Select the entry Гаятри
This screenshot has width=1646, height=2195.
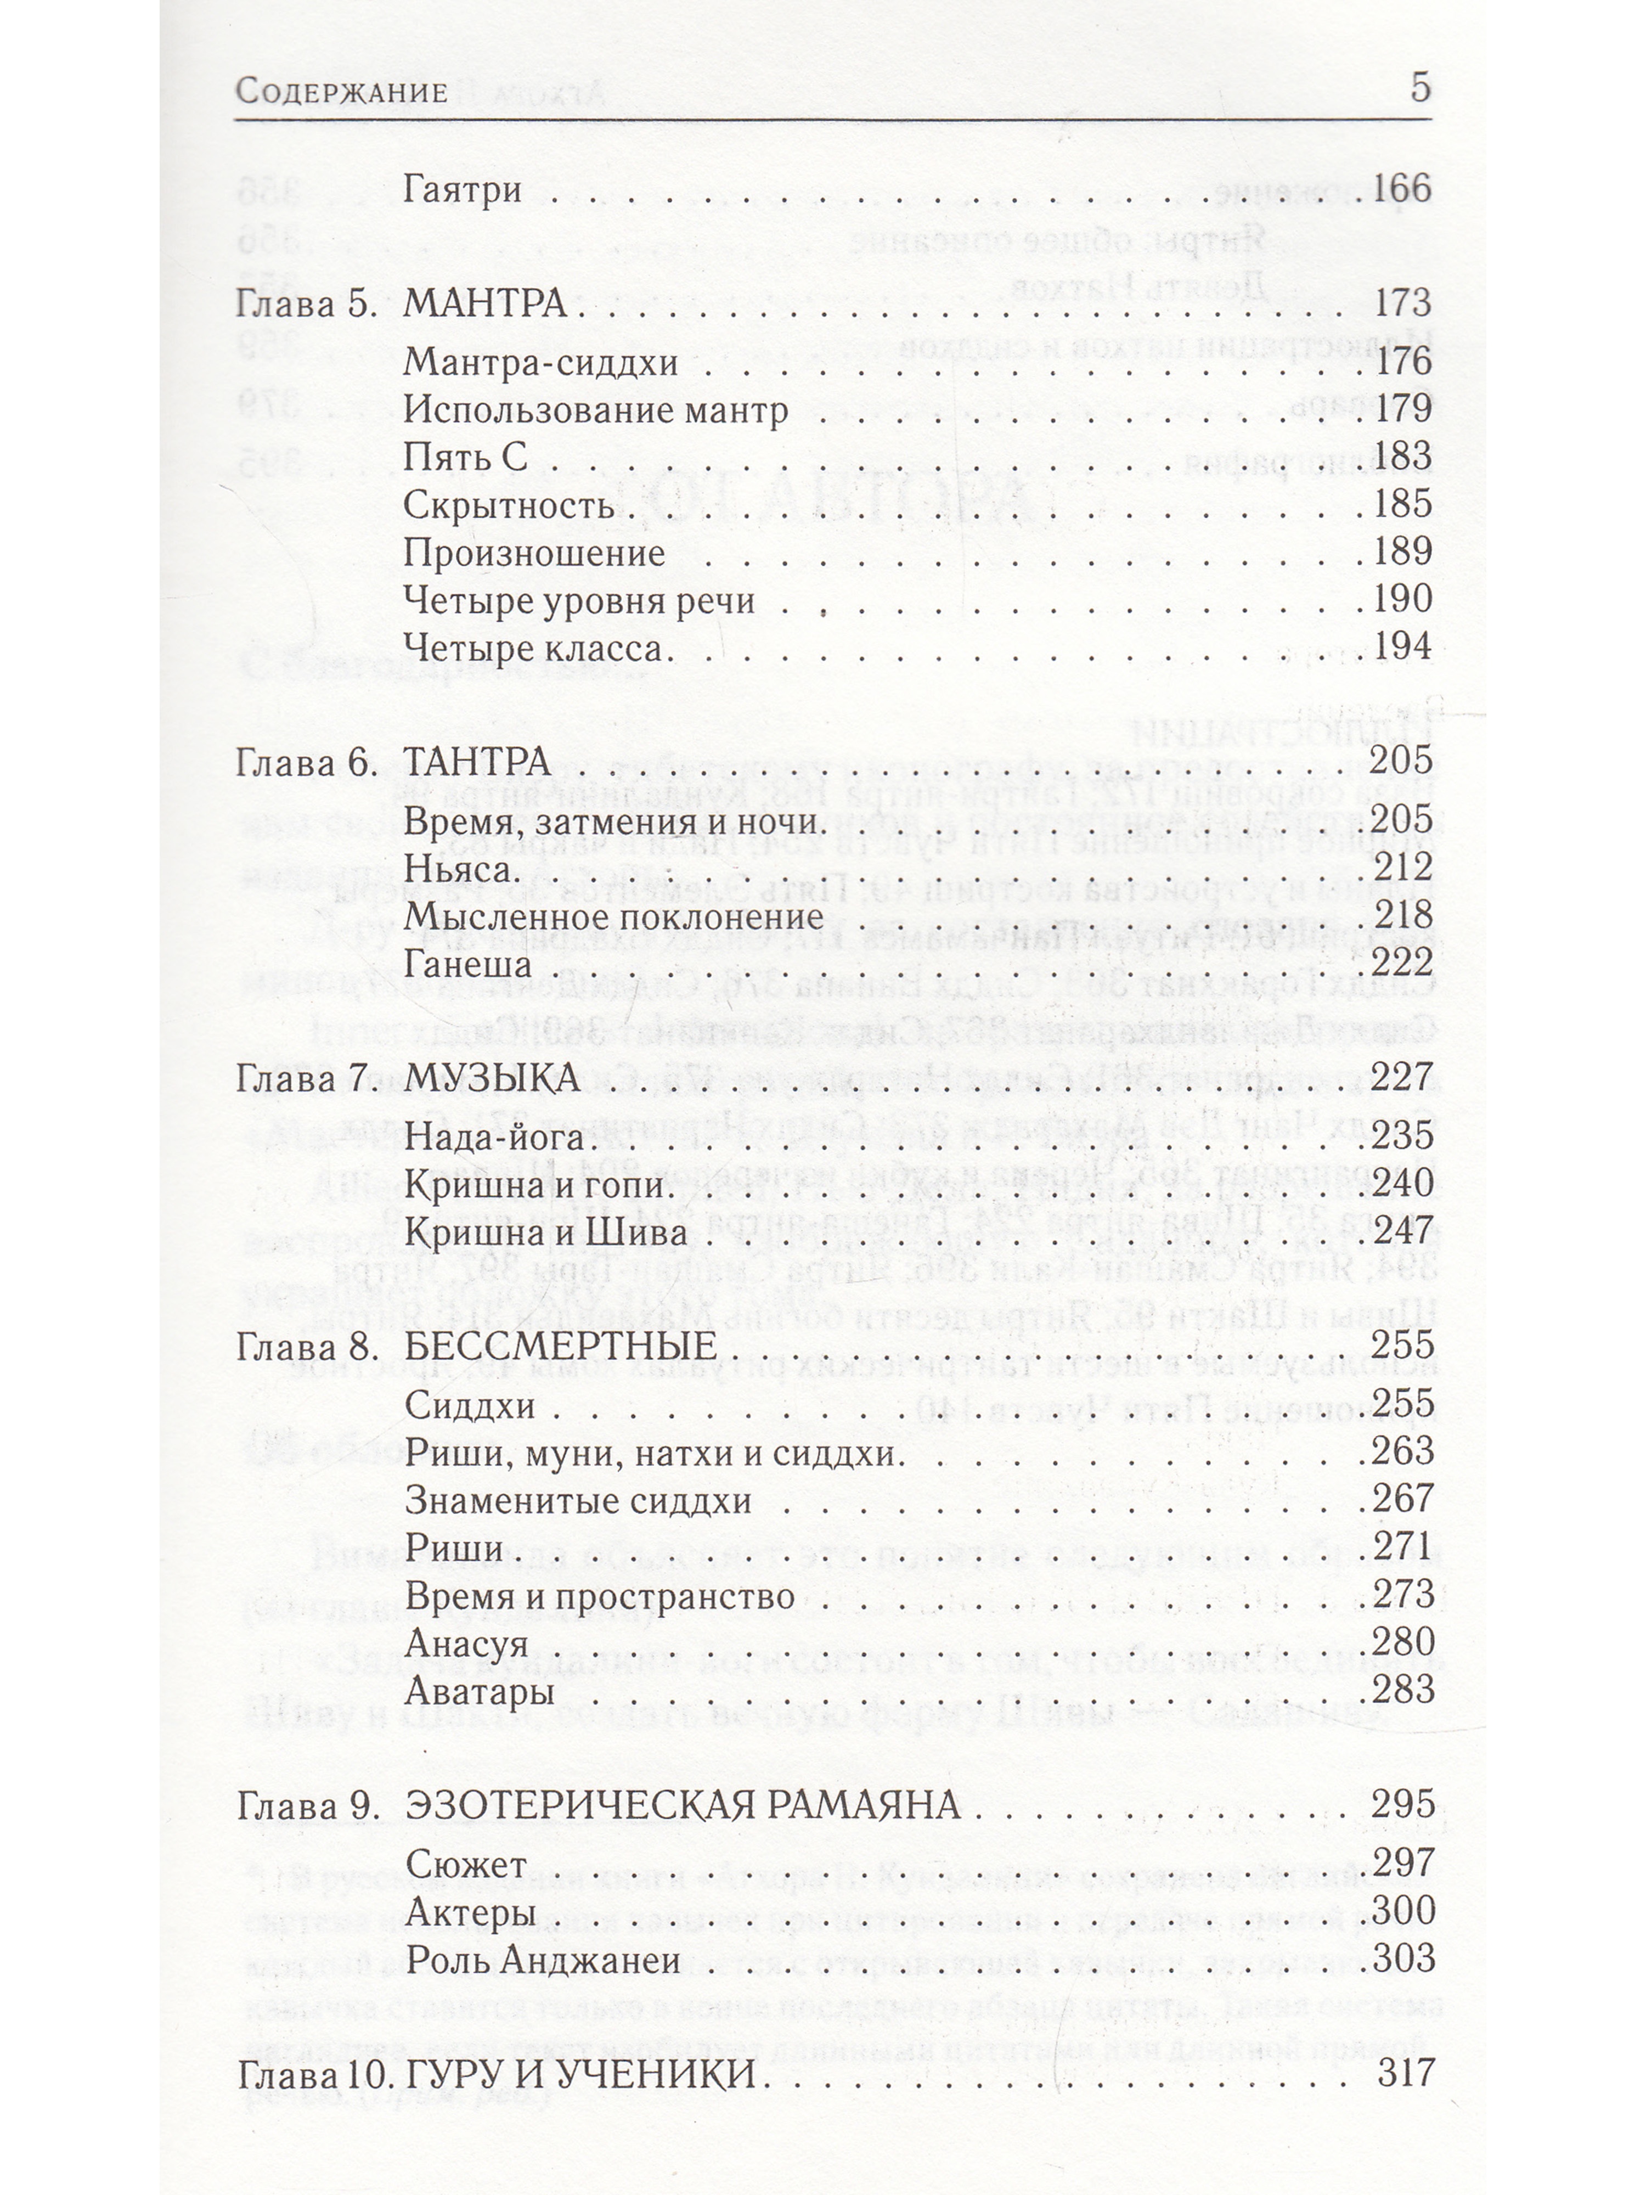point(463,189)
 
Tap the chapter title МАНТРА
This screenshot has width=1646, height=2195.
point(485,303)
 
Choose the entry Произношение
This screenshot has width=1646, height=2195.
point(534,553)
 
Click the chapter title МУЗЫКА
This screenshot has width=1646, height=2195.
point(492,1078)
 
